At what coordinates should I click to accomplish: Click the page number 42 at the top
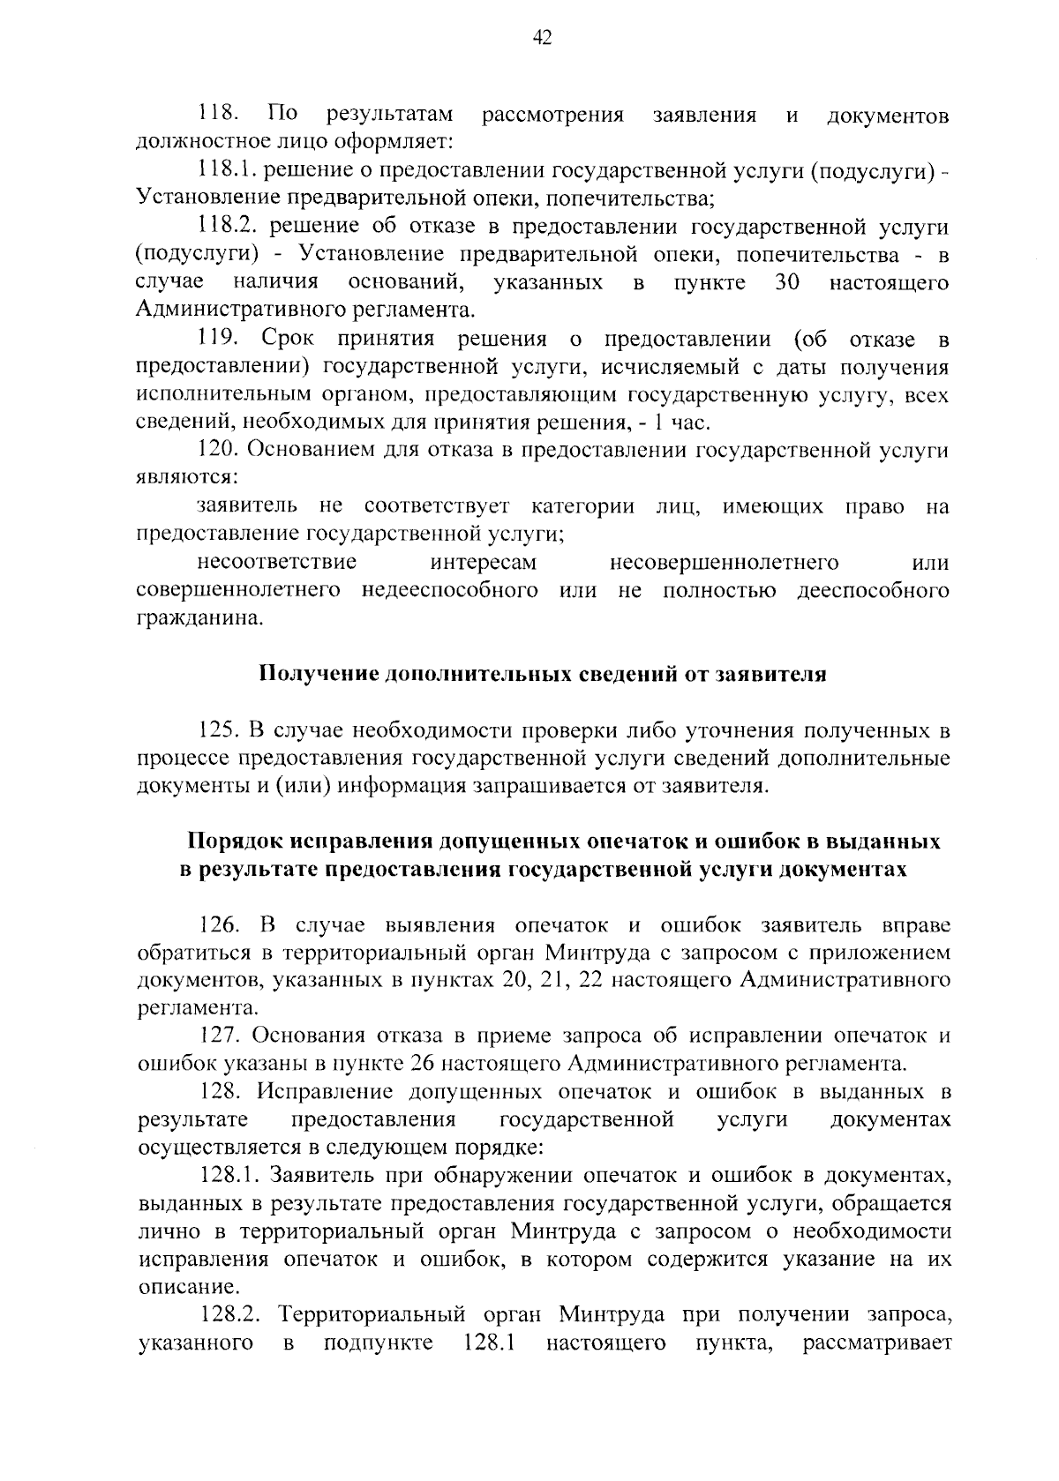click(543, 37)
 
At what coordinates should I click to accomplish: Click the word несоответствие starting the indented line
click(277, 563)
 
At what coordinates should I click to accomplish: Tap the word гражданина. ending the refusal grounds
click(188, 618)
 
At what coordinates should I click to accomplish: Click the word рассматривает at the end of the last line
click(877, 1343)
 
